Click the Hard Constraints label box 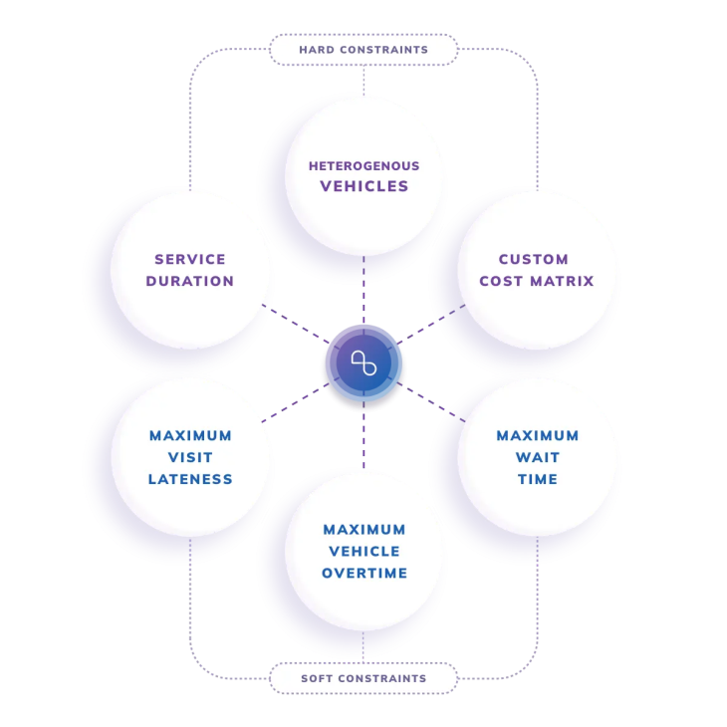coord(363,50)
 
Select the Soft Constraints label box coord(363,678)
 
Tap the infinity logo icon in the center coord(363,363)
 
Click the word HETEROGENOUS coord(363,166)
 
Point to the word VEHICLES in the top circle coord(363,186)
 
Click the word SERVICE coord(190,260)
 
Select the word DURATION coord(190,281)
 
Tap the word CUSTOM coord(534,260)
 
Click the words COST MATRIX coord(536,281)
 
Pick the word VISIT coord(190,457)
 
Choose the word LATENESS coord(190,479)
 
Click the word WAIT coord(538,457)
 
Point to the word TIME coord(538,479)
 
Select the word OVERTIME coord(364,573)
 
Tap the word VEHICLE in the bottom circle coord(364,551)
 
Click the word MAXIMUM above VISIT coord(190,435)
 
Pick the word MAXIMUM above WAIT coord(538,435)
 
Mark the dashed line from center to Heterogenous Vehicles coord(363,294)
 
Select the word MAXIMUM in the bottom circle coord(364,529)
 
